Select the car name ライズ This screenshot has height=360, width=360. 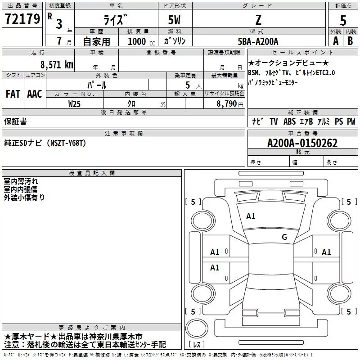click(x=113, y=20)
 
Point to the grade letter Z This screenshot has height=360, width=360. click(x=258, y=20)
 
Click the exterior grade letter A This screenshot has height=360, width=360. click(x=335, y=40)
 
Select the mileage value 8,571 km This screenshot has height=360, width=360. click(x=56, y=65)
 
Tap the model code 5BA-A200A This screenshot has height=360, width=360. click(x=258, y=41)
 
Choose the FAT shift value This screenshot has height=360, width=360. click(x=13, y=94)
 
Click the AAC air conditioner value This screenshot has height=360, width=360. click(x=34, y=94)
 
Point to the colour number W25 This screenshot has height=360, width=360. click(x=75, y=104)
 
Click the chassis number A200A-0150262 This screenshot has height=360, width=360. click(x=302, y=144)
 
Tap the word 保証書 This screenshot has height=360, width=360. click(x=15, y=121)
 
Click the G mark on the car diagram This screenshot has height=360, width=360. click(x=284, y=237)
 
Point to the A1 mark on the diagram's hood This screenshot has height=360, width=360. click(x=251, y=216)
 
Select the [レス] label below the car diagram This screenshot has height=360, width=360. click(x=197, y=345)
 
